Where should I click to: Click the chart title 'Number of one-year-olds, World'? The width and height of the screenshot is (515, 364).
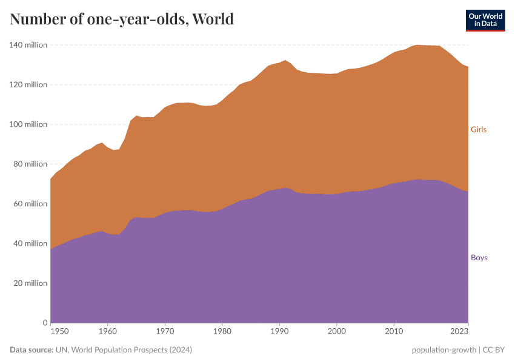pyautogui.click(x=122, y=19)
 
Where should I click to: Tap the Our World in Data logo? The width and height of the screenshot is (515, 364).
pyautogui.click(x=485, y=20)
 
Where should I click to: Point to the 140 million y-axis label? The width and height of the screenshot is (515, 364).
pyautogui.click(x=28, y=45)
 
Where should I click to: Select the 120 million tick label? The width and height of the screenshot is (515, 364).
pyautogui.click(x=28, y=85)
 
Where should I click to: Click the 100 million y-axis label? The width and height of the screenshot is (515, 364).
pyautogui.click(x=28, y=124)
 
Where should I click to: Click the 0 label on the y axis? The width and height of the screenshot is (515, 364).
pyautogui.click(x=44, y=323)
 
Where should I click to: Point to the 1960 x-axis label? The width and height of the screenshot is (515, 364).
pyautogui.click(x=107, y=332)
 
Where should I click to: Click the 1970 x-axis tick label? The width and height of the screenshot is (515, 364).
pyautogui.click(x=165, y=332)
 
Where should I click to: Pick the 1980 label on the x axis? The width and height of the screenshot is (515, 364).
pyautogui.click(x=222, y=332)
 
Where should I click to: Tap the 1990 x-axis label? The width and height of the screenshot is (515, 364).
pyautogui.click(x=279, y=332)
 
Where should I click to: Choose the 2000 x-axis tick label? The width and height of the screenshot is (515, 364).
pyautogui.click(x=337, y=332)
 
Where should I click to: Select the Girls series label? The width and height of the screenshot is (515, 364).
pyautogui.click(x=479, y=130)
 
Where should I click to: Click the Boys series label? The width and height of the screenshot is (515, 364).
pyautogui.click(x=479, y=258)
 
